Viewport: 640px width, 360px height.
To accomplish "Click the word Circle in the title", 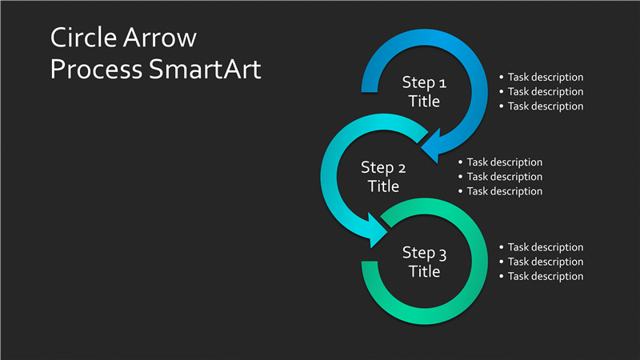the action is (x=84, y=38).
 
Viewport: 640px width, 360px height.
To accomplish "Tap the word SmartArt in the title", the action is (x=205, y=69).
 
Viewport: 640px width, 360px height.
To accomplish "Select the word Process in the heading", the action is (x=96, y=69).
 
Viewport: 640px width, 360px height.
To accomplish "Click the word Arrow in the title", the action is (x=159, y=38).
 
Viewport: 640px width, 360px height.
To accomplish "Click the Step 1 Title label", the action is (x=424, y=92).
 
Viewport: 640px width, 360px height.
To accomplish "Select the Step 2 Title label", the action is (x=383, y=177).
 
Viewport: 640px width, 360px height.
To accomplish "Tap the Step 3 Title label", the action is (x=424, y=262).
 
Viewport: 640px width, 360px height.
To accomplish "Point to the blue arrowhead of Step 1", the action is (x=432, y=146).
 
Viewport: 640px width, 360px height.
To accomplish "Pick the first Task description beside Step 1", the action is (x=546, y=77).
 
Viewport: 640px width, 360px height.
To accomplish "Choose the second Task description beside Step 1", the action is (x=546, y=92).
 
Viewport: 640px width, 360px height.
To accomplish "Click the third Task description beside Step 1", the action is (x=546, y=106).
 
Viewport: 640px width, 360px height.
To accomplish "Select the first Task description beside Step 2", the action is (x=505, y=162).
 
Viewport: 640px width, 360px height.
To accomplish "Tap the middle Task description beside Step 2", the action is (x=505, y=177).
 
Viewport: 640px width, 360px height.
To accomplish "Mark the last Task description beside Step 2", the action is (x=505, y=191).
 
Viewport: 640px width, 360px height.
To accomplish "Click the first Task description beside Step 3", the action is (x=546, y=247).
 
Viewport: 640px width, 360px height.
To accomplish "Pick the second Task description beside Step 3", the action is (x=546, y=262).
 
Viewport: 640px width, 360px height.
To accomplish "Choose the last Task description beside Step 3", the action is (x=546, y=276).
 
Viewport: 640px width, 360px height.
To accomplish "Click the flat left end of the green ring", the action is (x=370, y=262).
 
